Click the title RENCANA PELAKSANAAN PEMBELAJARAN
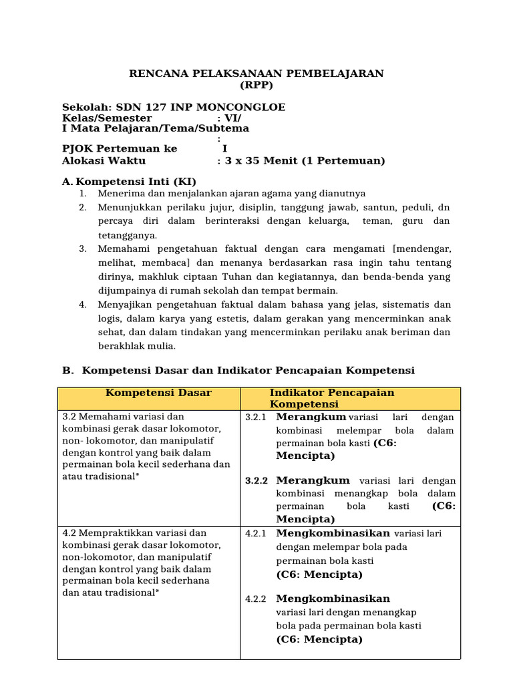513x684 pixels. point(256,73)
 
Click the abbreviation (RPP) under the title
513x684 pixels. point(256,85)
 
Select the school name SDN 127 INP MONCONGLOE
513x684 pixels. point(200,107)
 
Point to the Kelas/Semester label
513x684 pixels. point(107,118)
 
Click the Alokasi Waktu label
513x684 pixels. point(104,160)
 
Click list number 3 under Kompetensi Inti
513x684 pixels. point(83,249)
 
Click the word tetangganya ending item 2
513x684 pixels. point(128,235)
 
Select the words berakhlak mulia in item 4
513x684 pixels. point(137,346)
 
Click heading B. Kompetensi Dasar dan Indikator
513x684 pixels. point(248,370)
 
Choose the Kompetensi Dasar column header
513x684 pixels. point(150,393)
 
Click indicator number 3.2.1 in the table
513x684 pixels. point(256,417)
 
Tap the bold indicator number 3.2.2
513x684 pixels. point(256,481)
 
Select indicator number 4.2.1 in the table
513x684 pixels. point(256,534)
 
